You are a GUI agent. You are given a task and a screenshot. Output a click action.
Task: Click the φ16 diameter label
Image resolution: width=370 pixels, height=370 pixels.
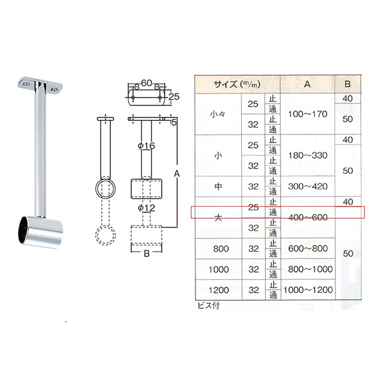(x=146, y=146)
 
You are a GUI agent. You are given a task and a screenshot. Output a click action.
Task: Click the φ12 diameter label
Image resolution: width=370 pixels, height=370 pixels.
(x=146, y=208)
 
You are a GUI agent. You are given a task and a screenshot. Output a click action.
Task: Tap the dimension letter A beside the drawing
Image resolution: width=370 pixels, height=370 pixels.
(x=177, y=174)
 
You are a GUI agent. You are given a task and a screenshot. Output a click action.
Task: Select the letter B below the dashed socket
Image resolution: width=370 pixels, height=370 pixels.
(x=147, y=253)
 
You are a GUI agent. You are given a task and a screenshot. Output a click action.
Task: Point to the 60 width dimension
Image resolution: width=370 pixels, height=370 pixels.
(x=147, y=83)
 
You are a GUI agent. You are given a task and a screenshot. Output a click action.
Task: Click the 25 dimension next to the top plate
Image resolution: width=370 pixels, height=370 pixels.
(x=174, y=97)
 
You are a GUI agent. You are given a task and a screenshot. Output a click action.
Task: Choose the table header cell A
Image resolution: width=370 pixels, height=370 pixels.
(x=307, y=84)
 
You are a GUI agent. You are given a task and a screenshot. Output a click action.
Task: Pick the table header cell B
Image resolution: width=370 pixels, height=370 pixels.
(x=347, y=84)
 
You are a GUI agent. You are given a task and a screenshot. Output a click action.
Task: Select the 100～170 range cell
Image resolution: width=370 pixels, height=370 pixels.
(x=308, y=114)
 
